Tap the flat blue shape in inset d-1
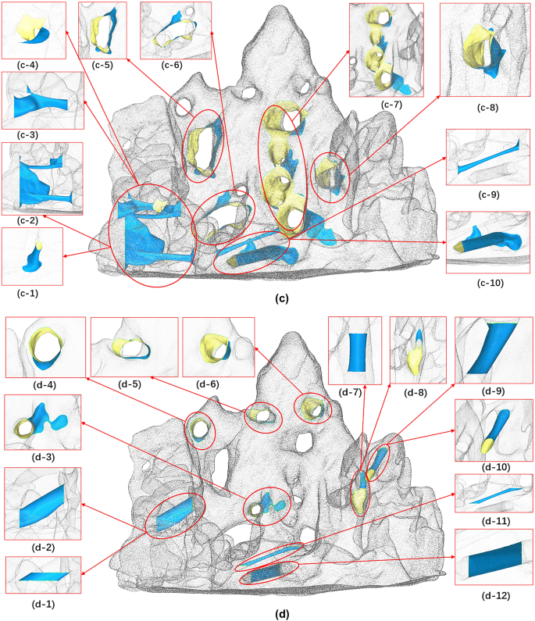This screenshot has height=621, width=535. (x=43, y=576)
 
